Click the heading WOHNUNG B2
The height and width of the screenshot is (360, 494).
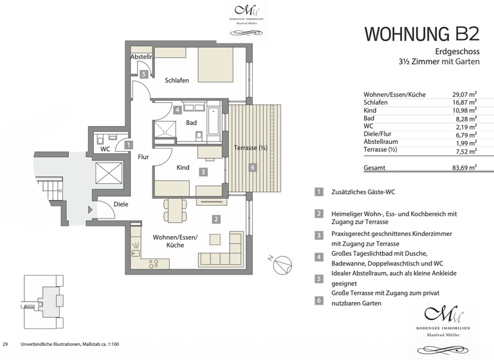pos(421,33)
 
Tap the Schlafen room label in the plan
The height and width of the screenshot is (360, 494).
pos(176,80)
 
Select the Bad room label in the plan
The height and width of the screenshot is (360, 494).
pos(191,122)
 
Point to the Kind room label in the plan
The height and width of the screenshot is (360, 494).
pos(183,167)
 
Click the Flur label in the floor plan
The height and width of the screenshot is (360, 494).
pos(143,156)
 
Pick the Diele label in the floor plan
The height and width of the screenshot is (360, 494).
pos(120,204)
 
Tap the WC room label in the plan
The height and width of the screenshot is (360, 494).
pos(105,149)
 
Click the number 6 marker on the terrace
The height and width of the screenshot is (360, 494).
pos(253,167)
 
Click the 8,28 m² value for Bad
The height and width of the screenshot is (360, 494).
pos(465,118)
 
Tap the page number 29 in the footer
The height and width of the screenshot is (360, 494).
pos(6,345)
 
